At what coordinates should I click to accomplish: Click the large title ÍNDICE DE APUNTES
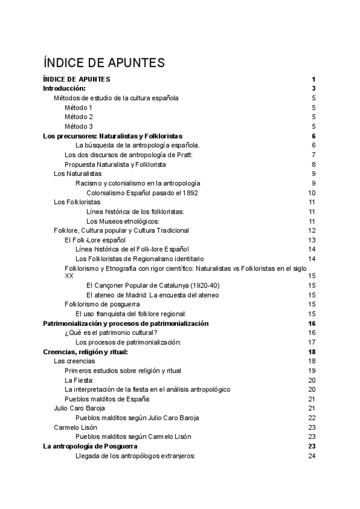click(x=104, y=62)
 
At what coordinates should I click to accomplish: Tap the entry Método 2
click(x=79, y=116)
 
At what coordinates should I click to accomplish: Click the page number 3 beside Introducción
click(x=314, y=88)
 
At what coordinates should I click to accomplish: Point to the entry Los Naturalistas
click(x=77, y=173)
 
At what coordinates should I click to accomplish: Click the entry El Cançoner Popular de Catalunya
click(x=153, y=285)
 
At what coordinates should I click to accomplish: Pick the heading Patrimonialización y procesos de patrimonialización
click(x=126, y=323)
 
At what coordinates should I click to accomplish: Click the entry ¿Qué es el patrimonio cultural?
click(x=111, y=333)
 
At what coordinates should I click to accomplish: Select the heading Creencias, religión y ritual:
click(x=86, y=351)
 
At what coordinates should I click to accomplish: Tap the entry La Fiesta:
click(x=79, y=380)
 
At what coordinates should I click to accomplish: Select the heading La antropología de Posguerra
click(x=91, y=446)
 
